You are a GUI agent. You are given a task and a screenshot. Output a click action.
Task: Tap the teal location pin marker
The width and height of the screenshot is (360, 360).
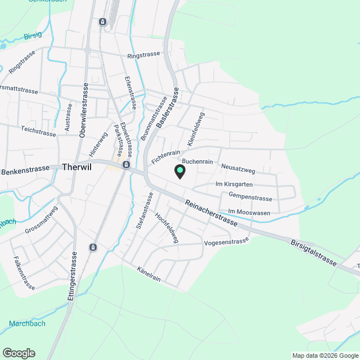(x=180, y=171)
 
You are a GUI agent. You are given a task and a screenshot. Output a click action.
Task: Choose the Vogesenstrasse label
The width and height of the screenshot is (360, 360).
(x=227, y=241)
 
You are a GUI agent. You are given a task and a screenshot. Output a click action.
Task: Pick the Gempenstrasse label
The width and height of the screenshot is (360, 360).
(x=250, y=197)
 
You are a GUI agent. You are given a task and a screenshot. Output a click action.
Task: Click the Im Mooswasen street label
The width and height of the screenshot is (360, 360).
(x=249, y=212)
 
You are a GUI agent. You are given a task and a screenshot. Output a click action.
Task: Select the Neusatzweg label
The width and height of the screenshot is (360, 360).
(x=238, y=168)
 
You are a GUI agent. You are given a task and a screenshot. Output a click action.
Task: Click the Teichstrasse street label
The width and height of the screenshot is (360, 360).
(x=38, y=133)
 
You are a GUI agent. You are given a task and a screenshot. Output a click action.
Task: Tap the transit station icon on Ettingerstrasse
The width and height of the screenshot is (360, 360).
(x=93, y=247)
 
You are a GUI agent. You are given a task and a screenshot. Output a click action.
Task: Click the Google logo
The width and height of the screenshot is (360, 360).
(x=19, y=353)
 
